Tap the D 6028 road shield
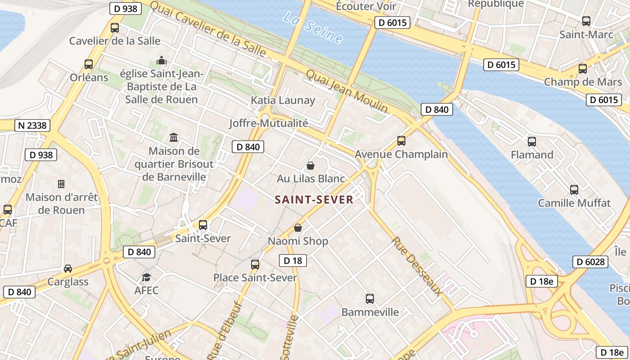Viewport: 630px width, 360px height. [x=590, y=261]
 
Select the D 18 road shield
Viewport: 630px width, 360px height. [x=292, y=260]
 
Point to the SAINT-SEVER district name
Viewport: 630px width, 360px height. [x=314, y=200]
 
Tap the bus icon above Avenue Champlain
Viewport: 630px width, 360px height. [x=401, y=141]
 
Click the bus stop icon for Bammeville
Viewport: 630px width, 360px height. [x=370, y=298]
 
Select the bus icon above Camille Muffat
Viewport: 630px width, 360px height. [x=574, y=189]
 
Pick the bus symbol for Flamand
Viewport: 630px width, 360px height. [x=532, y=141]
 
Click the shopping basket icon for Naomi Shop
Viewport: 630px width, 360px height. [x=298, y=228]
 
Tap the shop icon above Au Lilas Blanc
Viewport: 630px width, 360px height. [x=310, y=166]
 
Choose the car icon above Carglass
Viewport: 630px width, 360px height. [x=68, y=269]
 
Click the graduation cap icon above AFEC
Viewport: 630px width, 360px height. [x=147, y=277]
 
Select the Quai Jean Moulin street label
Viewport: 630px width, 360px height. [x=346, y=91]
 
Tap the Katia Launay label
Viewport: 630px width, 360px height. [x=283, y=100]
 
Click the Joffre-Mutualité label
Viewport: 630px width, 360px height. [x=269, y=123]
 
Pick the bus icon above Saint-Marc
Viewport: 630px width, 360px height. [x=586, y=21]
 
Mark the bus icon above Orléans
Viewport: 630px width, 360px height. [x=89, y=64]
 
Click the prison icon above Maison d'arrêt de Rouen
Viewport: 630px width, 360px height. [x=61, y=184]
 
